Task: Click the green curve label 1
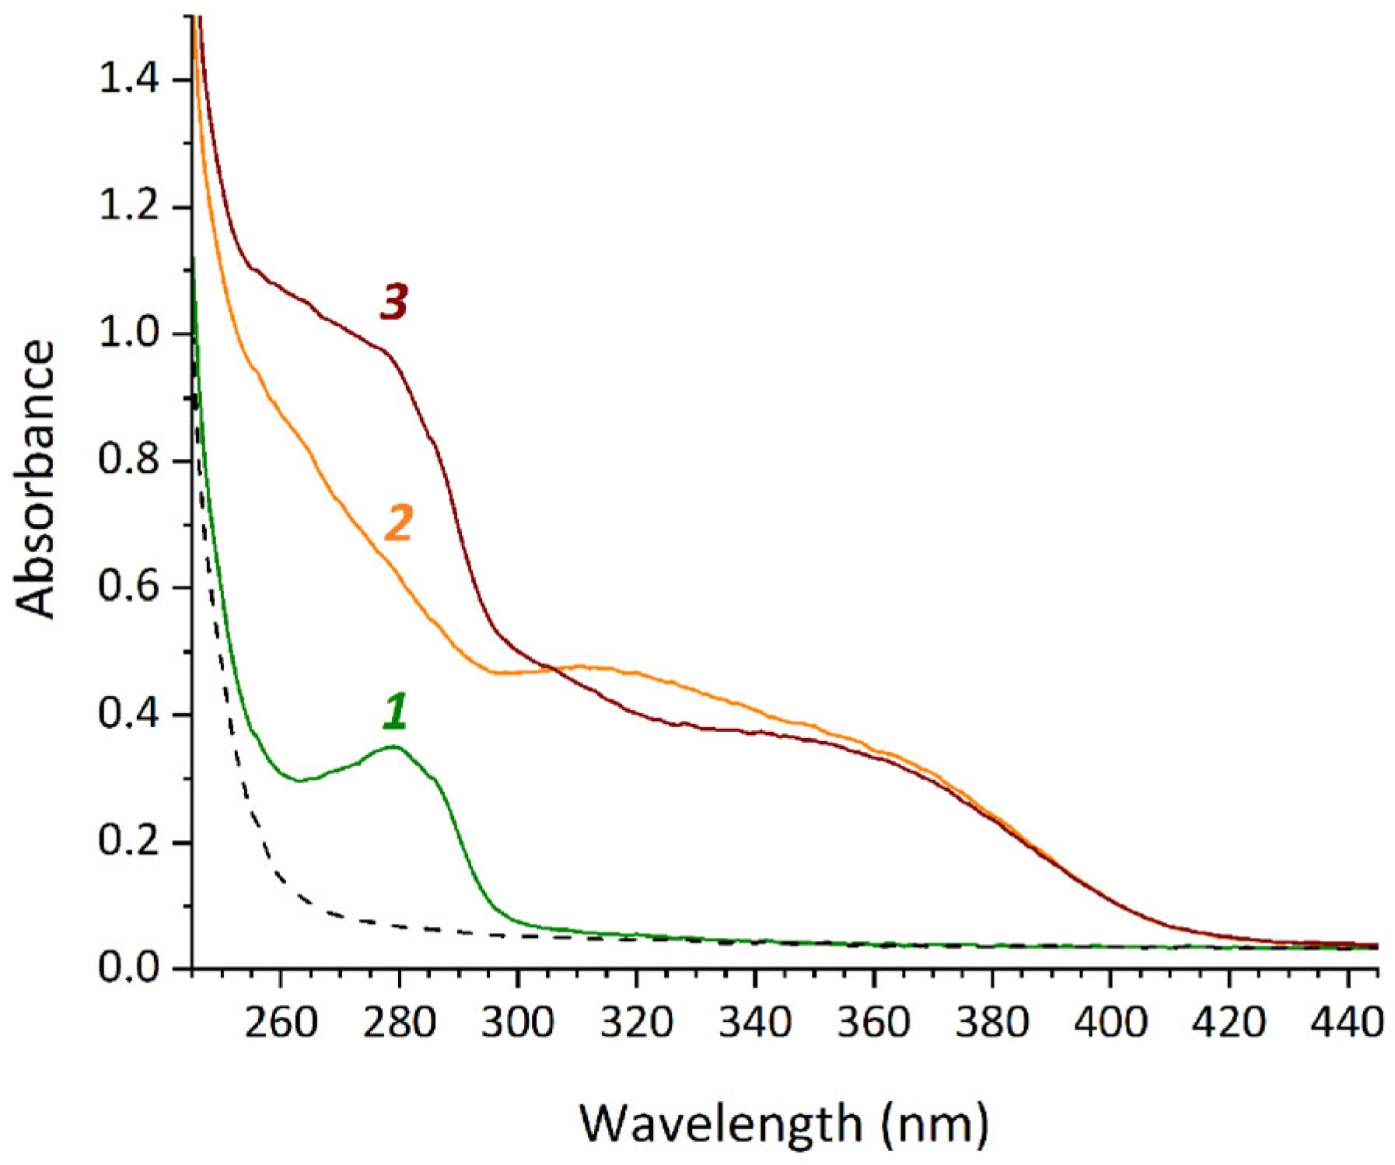click(395, 712)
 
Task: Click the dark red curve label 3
click(394, 301)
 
